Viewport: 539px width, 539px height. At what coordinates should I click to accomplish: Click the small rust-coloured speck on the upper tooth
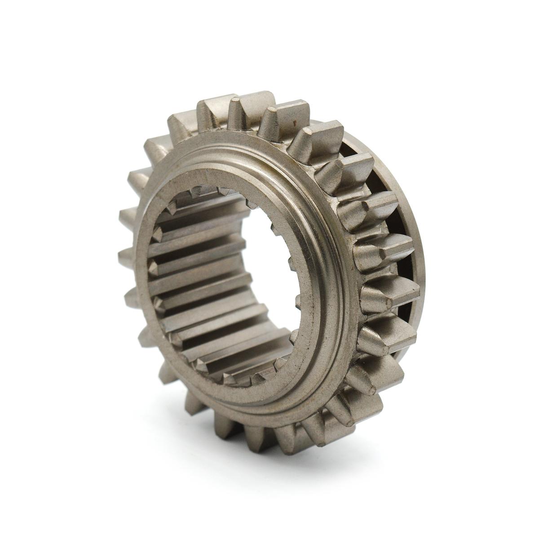pyautogui.click(x=294, y=122)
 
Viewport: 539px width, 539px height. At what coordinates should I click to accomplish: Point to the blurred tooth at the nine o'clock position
pyautogui.click(x=128, y=256)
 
